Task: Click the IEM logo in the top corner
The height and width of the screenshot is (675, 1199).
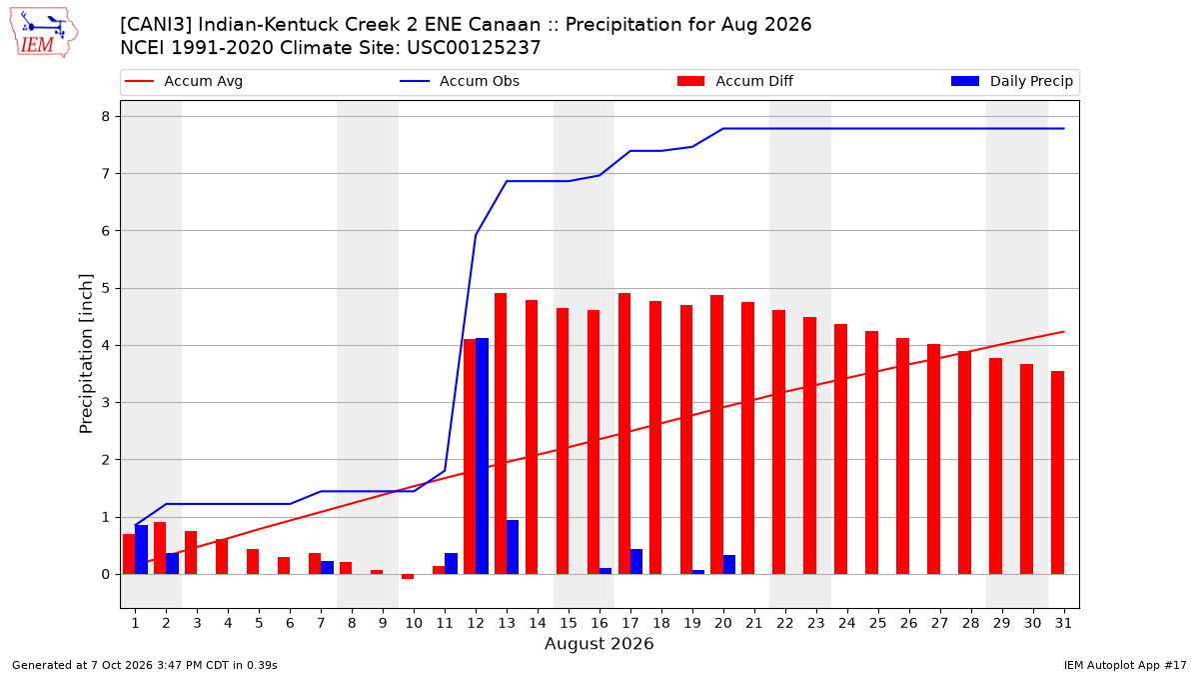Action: click(43, 33)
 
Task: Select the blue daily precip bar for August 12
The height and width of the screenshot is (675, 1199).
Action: click(482, 456)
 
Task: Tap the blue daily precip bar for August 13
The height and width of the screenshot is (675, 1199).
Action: click(513, 547)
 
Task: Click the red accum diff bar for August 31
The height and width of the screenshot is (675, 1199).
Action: click(1057, 472)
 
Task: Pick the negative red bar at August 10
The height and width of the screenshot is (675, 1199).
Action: click(408, 576)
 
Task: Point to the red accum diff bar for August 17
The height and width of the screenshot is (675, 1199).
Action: click(624, 433)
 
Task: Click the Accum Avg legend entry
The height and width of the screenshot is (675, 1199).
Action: click(184, 81)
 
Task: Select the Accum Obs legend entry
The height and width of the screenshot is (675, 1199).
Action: click(460, 81)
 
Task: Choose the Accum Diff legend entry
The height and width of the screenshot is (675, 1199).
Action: click(735, 81)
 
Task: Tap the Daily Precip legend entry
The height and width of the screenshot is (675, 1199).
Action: click(1011, 81)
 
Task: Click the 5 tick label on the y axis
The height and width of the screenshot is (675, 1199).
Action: click(106, 288)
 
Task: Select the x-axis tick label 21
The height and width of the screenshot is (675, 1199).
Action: click(753, 623)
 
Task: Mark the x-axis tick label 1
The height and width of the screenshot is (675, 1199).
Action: click(135, 623)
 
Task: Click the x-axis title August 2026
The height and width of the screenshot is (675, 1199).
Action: click(599, 643)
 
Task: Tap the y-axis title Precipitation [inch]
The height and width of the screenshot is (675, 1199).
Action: click(86, 354)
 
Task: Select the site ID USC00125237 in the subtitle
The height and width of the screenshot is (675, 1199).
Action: click(474, 48)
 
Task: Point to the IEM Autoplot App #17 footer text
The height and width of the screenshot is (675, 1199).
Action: click(1125, 665)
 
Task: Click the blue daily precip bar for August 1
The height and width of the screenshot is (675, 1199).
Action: click(141, 550)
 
